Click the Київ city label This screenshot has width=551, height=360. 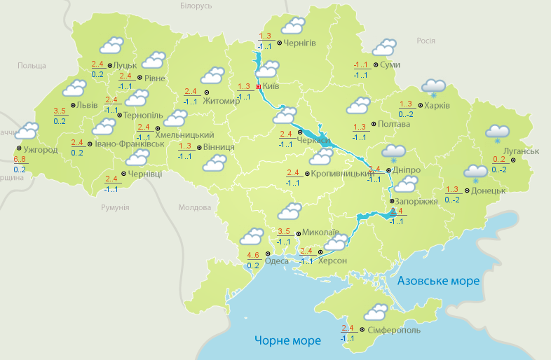271,86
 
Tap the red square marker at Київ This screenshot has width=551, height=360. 258,86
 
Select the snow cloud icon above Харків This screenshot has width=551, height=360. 433,88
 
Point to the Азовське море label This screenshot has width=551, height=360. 438,281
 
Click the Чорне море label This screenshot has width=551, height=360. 287,340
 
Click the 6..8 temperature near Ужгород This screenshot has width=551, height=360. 20,160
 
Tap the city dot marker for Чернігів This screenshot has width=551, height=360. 279,43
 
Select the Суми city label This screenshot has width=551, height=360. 390,64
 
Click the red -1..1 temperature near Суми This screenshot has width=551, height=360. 361,65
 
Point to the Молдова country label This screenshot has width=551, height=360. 195,208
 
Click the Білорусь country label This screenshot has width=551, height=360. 196,6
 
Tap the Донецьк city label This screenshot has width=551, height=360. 488,190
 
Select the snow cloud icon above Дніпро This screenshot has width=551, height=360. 393,153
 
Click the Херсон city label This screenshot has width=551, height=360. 332,261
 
